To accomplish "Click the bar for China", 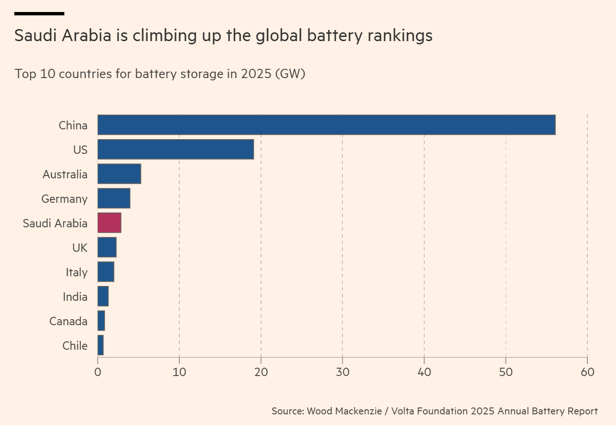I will (x=326, y=125).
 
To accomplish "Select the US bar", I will (x=176, y=149).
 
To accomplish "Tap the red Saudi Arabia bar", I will (x=109, y=223).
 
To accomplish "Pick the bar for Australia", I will (x=119, y=174).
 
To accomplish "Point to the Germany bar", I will (x=114, y=198).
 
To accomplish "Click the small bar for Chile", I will (x=100, y=345).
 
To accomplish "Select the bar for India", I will (x=103, y=296).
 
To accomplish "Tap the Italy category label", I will (x=76, y=272).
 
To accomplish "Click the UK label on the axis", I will (x=79, y=248).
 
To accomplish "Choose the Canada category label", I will (x=68, y=321).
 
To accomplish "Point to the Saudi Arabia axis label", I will (x=55, y=223).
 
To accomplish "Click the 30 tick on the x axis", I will (x=342, y=372).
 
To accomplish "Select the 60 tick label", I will (x=587, y=372).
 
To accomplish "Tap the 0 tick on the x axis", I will (x=98, y=372).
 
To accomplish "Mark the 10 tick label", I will (x=179, y=372).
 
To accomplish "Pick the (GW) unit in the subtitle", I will (x=290, y=73).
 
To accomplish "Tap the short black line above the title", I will (x=39, y=13).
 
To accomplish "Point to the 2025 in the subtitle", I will (x=256, y=73).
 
